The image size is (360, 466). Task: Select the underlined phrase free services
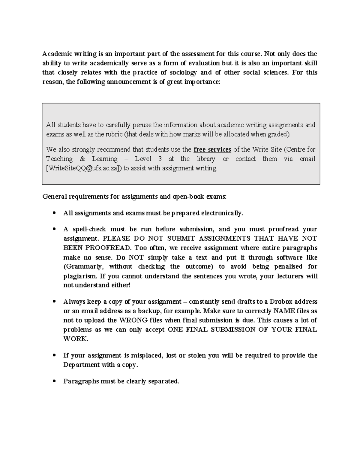point(212,149)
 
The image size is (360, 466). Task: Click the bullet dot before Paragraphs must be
point(54,381)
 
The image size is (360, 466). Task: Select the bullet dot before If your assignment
point(54,356)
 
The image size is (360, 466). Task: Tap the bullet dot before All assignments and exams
point(54,213)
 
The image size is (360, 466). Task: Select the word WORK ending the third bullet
point(75,339)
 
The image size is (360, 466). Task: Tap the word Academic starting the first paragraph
point(57,54)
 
